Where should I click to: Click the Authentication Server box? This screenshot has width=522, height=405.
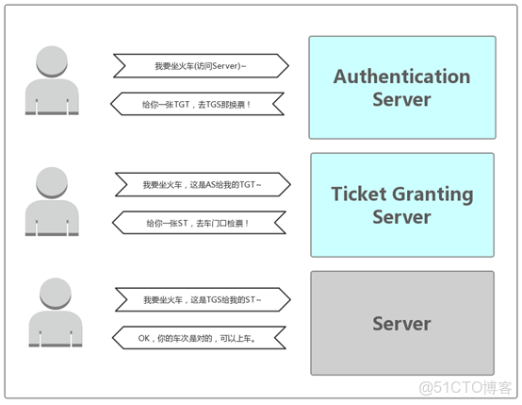coord(401,87)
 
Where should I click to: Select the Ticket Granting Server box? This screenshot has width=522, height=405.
coord(401,205)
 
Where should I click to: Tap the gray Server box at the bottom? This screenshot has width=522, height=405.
coord(401,323)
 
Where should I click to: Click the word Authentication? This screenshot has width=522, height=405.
coord(401,76)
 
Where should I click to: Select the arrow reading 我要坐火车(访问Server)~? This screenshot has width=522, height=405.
coord(200,66)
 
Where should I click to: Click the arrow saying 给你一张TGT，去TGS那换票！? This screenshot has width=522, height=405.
coord(200,103)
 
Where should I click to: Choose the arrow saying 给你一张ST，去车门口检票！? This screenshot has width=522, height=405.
coord(200,223)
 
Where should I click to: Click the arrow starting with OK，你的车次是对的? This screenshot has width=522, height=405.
coord(200,337)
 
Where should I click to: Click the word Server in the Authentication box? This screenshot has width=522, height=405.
coord(401,99)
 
